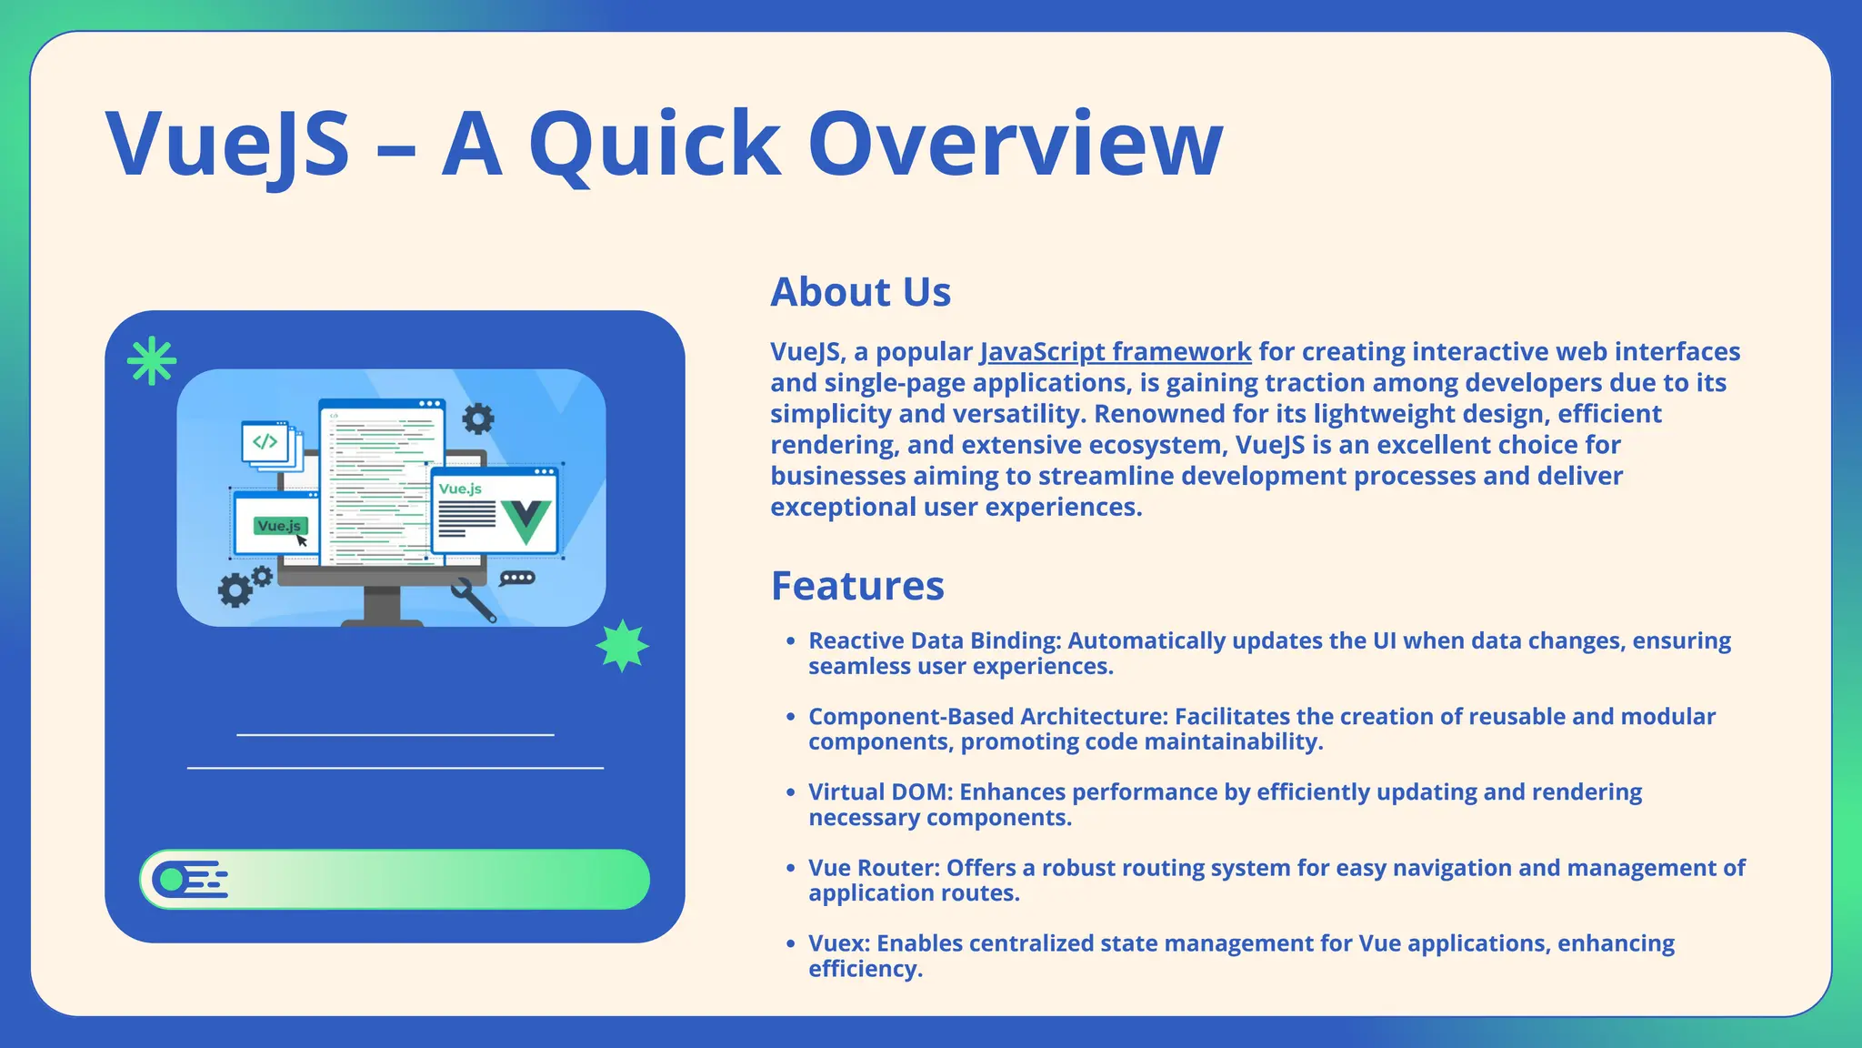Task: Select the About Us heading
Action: pos(860,292)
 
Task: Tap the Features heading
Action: pos(857,586)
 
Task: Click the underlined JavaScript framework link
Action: pos(1115,352)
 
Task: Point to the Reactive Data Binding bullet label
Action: pos(935,641)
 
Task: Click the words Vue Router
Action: pos(874,868)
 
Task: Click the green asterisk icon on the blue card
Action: pos(152,361)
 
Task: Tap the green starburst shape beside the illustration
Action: pos(623,646)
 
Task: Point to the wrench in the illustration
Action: pos(474,600)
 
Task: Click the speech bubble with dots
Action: pos(517,579)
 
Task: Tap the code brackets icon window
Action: pos(265,442)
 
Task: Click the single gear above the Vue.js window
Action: pos(478,418)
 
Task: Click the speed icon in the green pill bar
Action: pos(189,880)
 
